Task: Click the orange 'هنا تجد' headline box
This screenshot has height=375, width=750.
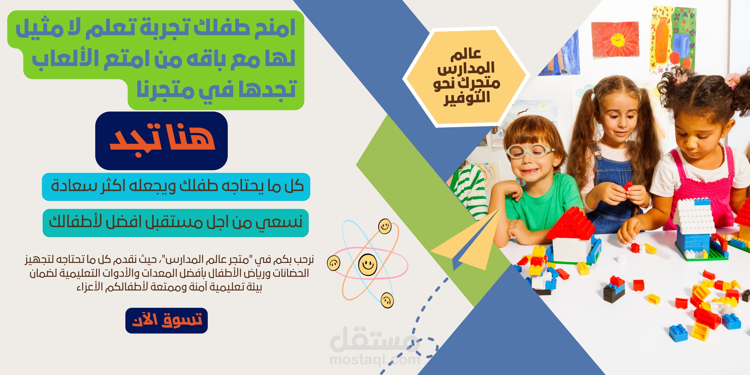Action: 161,141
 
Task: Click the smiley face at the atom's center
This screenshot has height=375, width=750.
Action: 368,264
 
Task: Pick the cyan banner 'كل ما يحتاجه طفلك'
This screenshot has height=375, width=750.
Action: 176,187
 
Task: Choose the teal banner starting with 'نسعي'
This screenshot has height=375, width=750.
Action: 176,223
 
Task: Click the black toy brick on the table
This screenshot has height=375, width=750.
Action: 614,293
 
